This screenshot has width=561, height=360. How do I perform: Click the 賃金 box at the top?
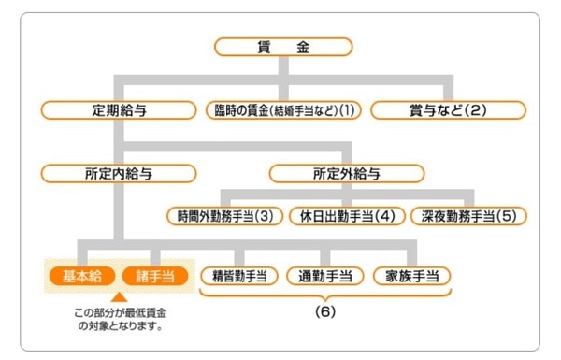coord(283,46)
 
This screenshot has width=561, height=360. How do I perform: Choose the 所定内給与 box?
coord(119,173)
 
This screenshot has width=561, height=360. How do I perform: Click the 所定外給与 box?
coord(347,173)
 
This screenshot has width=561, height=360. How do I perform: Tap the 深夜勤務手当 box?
coord(467,215)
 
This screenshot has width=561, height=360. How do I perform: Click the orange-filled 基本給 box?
coord(82,276)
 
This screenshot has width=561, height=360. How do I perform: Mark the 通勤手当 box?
coord(324,276)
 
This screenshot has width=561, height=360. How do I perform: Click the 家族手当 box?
coord(410,276)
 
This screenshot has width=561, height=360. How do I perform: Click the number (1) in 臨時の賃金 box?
coord(347,109)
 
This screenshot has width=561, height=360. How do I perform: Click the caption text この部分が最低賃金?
coord(119,312)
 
